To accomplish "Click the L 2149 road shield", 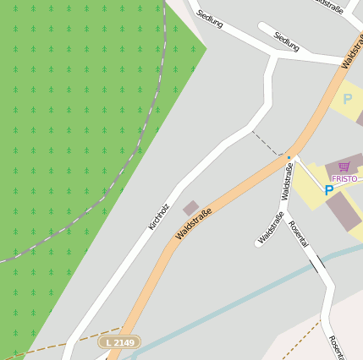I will [118, 341].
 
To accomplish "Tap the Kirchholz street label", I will [158, 216].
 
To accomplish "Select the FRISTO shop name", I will [344, 178].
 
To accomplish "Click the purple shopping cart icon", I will [344, 166].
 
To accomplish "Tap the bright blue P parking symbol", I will [328, 191].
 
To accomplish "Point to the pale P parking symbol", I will [347, 100].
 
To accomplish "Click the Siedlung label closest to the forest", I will [209, 19].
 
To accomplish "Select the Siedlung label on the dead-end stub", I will [287, 41].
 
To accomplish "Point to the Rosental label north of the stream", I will [298, 233].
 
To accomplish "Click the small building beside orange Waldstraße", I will [191, 208].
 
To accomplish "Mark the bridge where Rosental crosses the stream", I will [317, 265].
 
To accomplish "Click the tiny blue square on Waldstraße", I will [289, 157].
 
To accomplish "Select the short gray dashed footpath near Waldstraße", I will [267, 143].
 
